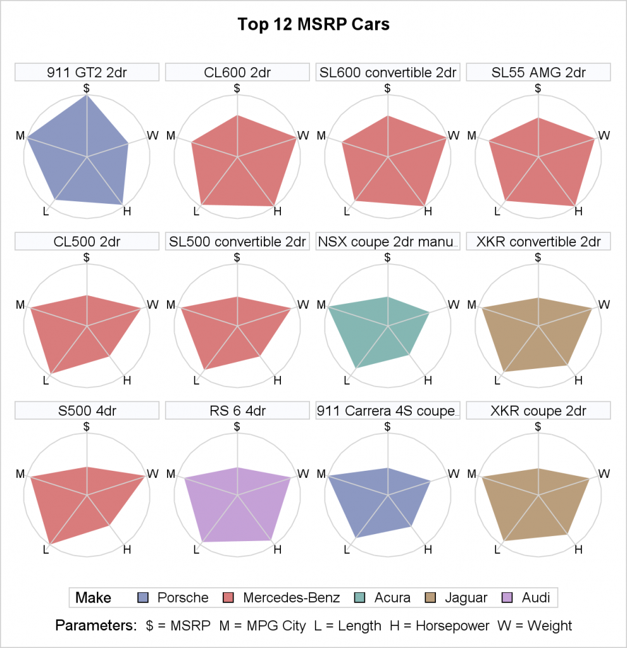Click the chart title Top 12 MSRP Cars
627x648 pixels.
click(313, 25)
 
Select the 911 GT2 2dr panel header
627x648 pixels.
click(87, 72)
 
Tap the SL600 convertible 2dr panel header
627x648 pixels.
click(388, 72)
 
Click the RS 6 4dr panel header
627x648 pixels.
click(237, 411)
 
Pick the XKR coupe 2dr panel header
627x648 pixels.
click(538, 411)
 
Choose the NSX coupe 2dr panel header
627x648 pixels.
click(388, 242)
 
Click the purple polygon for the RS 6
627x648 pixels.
click(237, 506)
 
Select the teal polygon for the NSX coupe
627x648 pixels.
click(376, 329)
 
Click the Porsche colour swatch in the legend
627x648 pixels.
click(144, 598)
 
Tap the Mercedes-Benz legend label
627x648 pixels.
click(291, 598)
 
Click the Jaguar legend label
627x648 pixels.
click(466, 598)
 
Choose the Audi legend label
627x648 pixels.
click(535, 598)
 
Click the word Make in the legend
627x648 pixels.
click(93, 598)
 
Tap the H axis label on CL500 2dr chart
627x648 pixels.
click(127, 380)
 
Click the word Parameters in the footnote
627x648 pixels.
click(96, 626)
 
